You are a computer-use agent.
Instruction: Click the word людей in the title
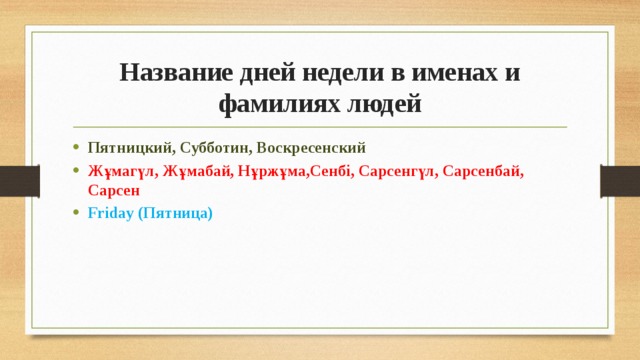coord(382,103)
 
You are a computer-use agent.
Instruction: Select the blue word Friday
coord(110,212)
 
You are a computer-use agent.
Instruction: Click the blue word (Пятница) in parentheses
coord(175,212)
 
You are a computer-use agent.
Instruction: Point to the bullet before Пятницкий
coord(76,147)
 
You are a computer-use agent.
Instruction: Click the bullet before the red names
coord(76,170)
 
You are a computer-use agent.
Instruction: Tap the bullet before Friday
coord(76,212)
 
